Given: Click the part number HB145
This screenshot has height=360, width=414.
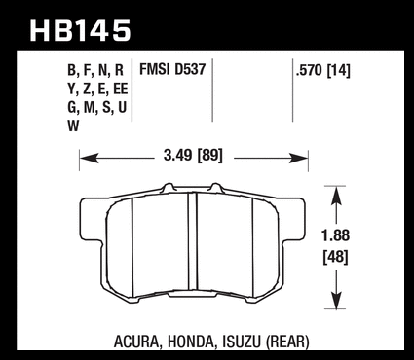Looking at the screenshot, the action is (x=80, y=31).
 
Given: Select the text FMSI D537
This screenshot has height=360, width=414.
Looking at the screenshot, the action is (x=172, y=69).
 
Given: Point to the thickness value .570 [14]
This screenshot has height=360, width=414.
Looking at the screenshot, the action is (x=322, y=70).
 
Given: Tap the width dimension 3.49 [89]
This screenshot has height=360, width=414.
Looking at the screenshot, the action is (x=193, y=156).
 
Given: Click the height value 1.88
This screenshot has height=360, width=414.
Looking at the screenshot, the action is (x=336, y=235).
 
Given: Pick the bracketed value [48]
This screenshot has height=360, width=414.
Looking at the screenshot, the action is (x=336, y=258).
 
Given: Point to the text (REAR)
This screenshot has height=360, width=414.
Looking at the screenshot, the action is (x=287, y=342).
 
